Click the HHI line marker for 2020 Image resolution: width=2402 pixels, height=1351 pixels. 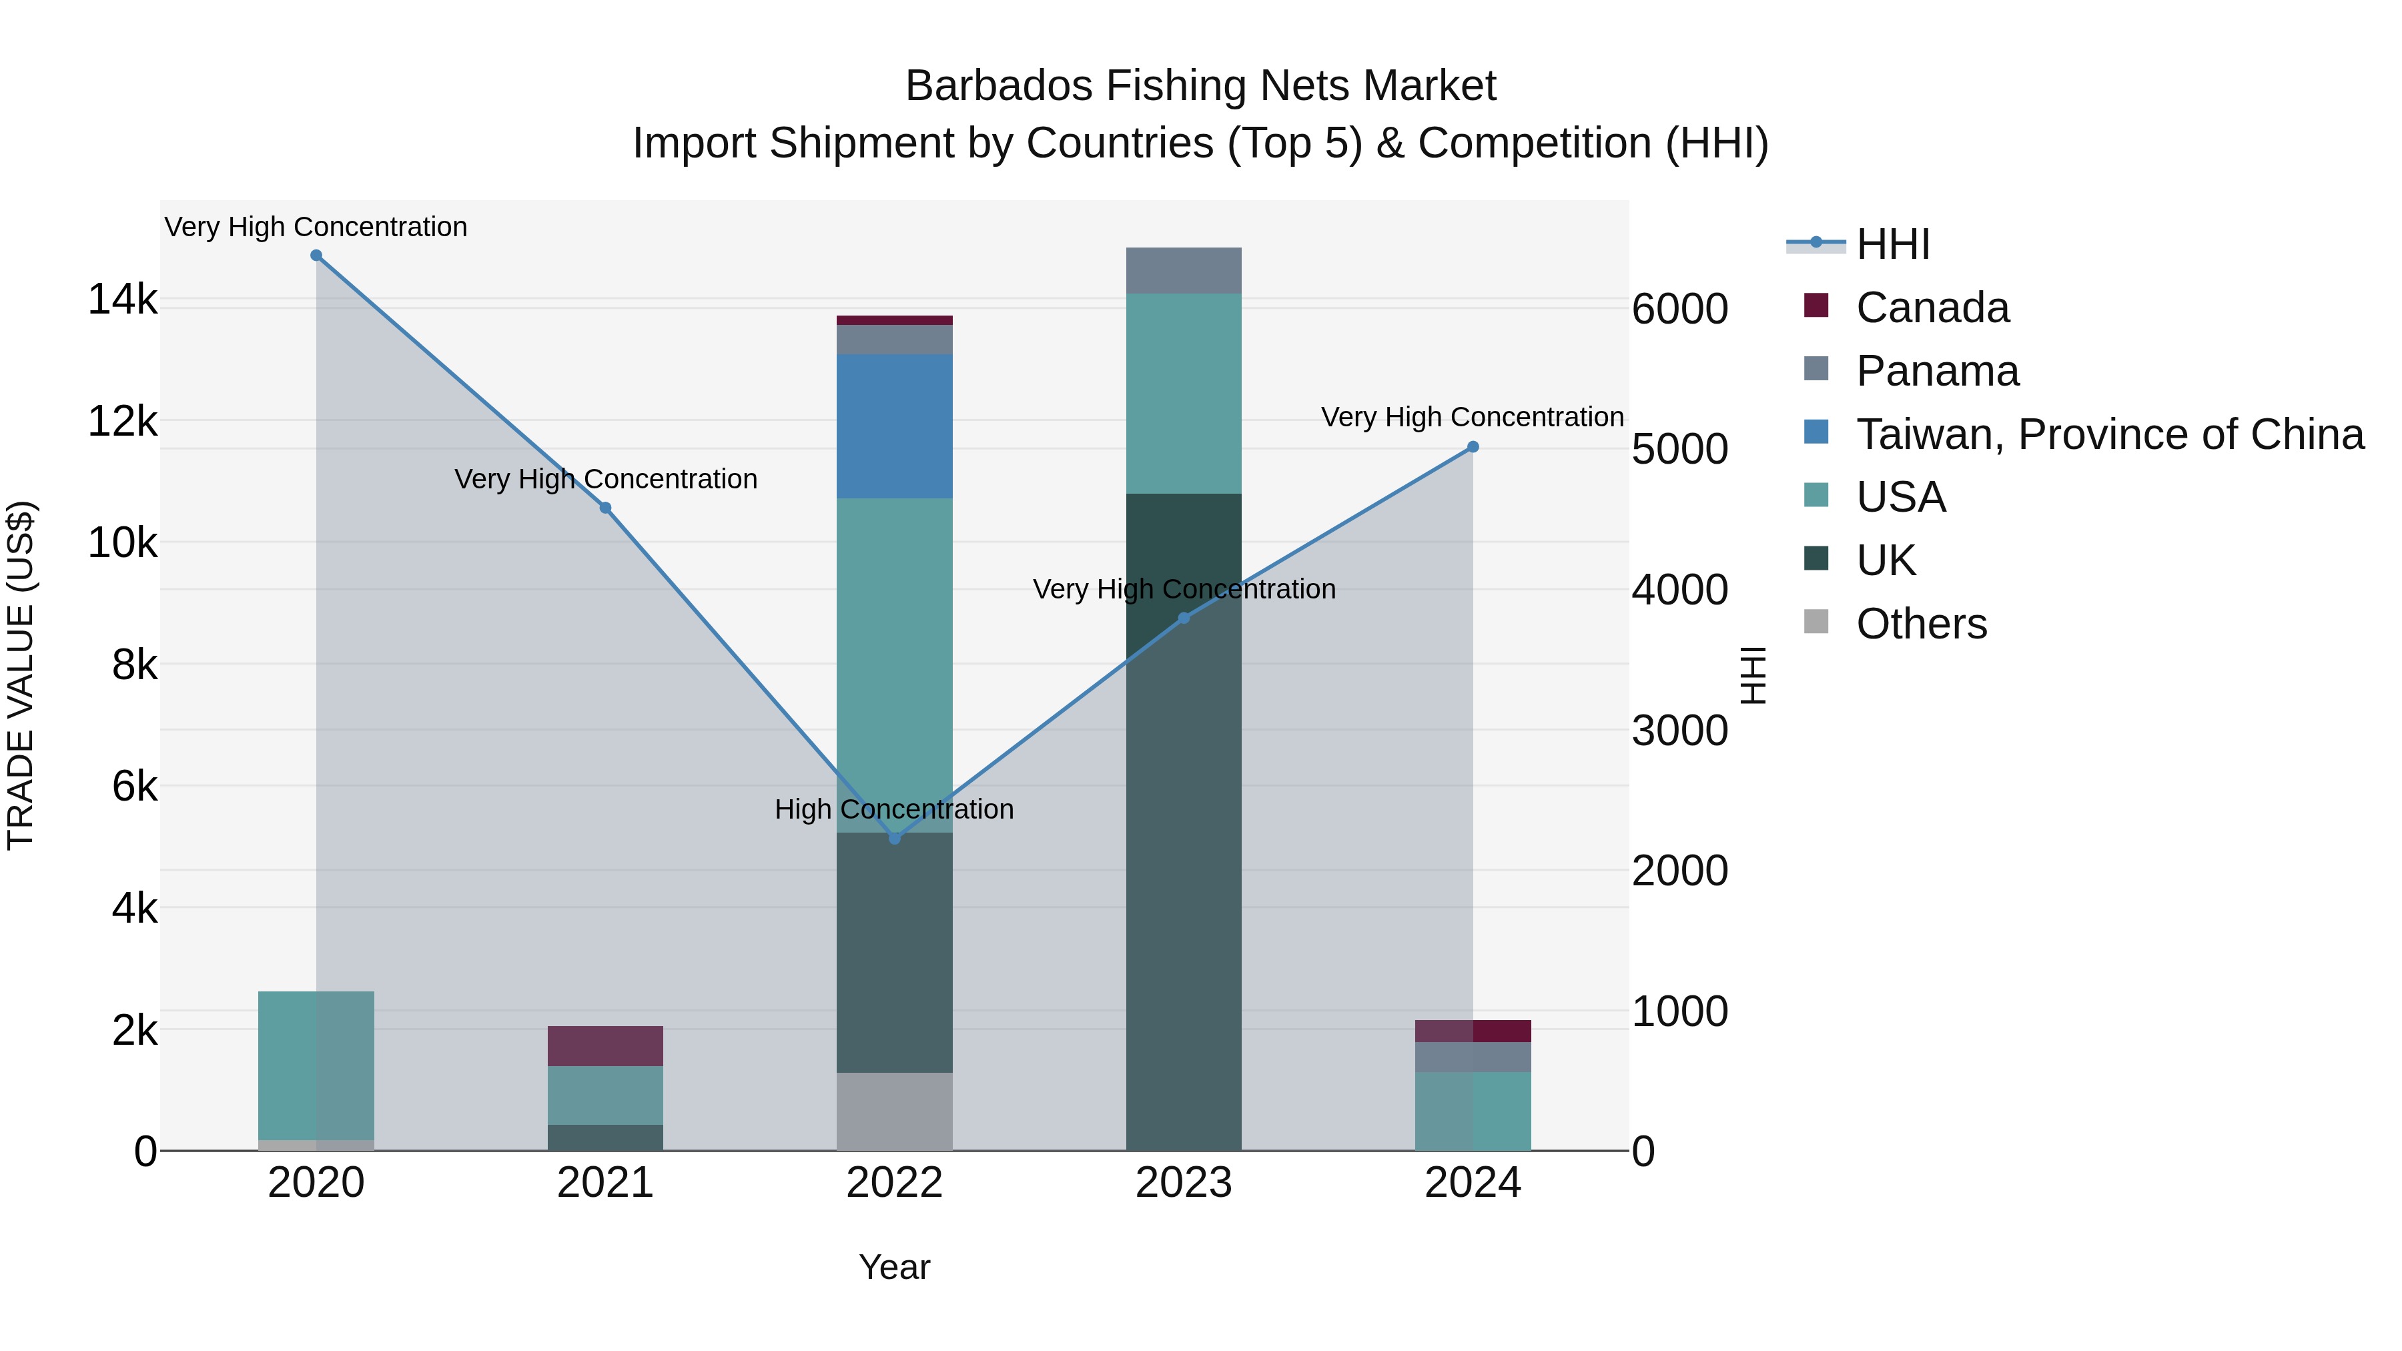[316, 256]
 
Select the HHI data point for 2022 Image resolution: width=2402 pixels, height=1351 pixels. [894, 838]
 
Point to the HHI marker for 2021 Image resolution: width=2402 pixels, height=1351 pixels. [605, 508]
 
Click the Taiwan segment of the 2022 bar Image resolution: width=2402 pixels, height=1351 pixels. [894, 426]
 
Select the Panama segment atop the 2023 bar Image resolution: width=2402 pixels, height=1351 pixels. [1183, 270]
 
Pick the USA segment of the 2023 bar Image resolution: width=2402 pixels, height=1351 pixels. [1183, 394]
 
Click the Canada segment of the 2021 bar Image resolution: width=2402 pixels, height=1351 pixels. [605, 1046]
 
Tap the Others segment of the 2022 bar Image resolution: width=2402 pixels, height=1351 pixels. [894, 1111]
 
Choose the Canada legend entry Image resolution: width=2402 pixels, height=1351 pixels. [1932, 308]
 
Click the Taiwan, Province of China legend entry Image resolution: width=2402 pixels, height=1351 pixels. [2109, 434]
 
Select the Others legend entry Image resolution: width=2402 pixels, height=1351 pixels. [1921, 624]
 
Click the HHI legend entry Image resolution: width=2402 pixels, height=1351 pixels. [1893, 244]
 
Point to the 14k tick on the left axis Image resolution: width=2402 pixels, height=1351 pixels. [122, 300]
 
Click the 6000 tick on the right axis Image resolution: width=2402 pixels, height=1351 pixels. [1679, 309]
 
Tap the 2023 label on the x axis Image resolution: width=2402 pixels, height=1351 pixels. [1183, 1183]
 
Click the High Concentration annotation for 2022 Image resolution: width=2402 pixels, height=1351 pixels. [894, 809]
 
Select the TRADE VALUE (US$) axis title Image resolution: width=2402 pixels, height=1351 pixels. [21, 675]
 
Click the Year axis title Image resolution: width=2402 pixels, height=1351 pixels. [894, 1267]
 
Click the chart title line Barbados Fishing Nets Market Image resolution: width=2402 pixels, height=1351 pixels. [1200, 86]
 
